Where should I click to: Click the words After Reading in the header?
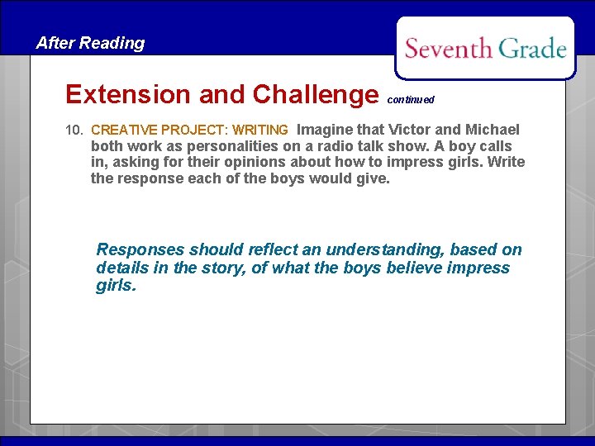(90, 44)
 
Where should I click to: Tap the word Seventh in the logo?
(448, 49)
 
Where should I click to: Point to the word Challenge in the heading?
(315, 95)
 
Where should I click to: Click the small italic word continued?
(411, 100)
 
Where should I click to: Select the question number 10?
(74, 130)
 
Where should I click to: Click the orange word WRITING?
(260, 130)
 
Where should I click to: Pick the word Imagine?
(325, 130)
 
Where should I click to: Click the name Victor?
(411, 130)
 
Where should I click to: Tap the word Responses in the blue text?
(140, 250)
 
